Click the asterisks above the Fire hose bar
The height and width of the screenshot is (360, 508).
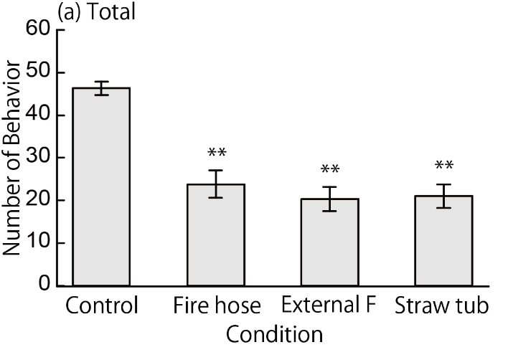click(216, 153)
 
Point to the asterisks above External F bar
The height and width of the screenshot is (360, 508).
click(329, 170)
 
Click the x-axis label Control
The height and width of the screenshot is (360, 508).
click(101, 307)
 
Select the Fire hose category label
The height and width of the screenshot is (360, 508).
click(216, 306)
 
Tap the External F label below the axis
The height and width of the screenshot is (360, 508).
click(329, 306)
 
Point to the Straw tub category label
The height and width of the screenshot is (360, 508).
click(442, 306)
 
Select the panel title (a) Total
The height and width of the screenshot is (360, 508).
click(100, 13)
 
